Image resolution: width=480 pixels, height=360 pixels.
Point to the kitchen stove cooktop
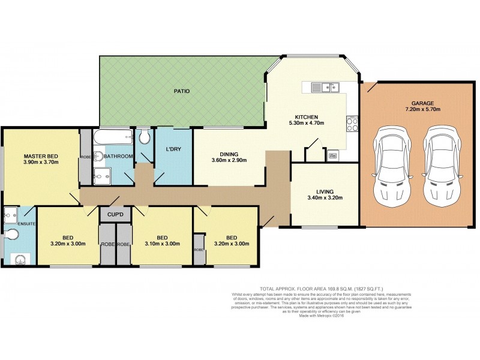352,125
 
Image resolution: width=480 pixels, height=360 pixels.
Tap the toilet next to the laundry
145,137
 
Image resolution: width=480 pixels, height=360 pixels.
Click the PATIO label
182,91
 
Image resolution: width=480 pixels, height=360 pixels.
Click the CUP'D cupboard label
115,214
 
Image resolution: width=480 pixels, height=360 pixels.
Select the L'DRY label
174,149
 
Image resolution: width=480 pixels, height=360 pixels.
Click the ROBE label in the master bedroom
86,157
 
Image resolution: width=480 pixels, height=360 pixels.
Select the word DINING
229,153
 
